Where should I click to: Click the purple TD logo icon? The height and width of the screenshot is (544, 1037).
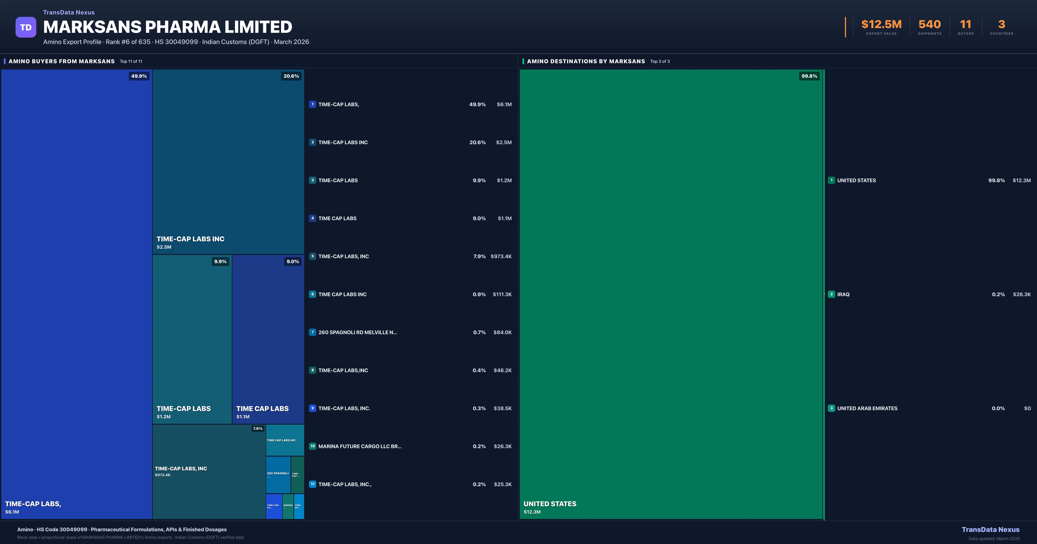[26, 27]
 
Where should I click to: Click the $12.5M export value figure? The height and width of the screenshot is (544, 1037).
[881, 25]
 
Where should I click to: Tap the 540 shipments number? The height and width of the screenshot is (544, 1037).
[929, 25]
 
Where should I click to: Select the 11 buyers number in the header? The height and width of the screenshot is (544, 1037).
[965, 25]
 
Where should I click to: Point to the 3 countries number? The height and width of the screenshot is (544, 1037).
[1002, 25]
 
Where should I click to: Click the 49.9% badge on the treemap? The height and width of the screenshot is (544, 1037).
[139, 76]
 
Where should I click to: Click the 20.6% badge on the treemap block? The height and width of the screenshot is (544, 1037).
[291, 76]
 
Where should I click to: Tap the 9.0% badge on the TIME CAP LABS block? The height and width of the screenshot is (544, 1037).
[293, 262]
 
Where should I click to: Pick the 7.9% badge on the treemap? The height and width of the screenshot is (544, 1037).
[258, 429]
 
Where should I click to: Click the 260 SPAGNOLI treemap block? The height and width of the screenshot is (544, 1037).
[278, 474]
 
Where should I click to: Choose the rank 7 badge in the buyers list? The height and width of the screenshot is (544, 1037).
[312, 332]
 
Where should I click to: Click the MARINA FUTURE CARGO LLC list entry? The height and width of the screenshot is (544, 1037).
[359, 446]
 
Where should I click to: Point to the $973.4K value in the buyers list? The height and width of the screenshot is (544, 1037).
[501, 256]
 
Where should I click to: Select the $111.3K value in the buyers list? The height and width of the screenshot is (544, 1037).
[502, 294]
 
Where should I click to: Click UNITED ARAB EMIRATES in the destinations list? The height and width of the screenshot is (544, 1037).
[867, 408]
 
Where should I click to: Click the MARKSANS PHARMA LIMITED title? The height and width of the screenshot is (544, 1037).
[167, 27]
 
